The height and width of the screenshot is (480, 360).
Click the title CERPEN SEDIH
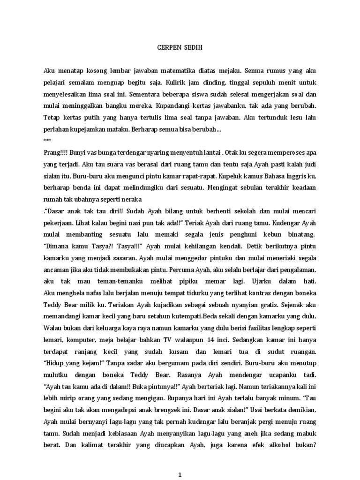(180, 47)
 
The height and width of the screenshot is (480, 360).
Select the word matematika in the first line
(180, 71)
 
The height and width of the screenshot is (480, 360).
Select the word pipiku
(190, 281)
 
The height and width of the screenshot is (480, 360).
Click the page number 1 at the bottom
(180, 474)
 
